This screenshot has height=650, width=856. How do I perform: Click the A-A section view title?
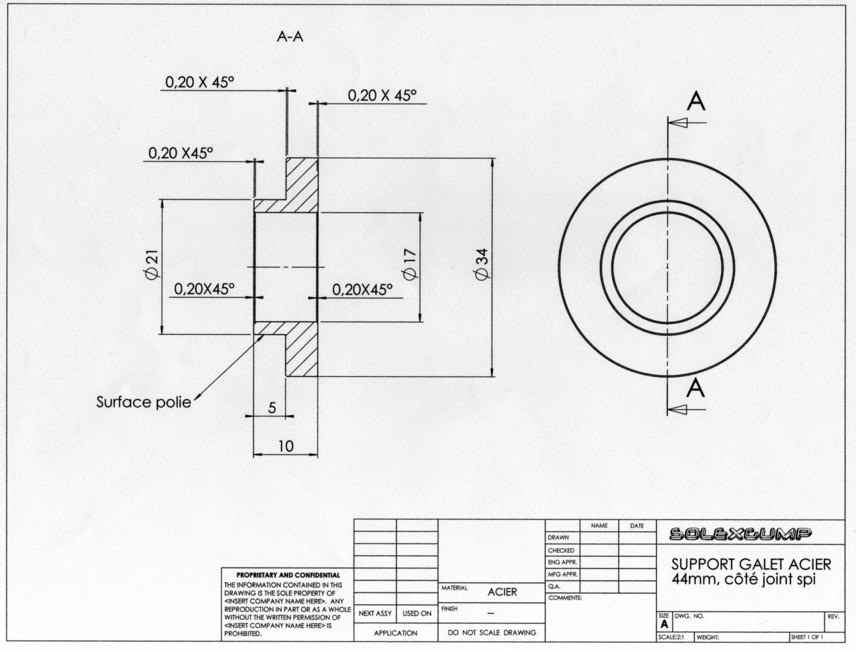(290, 37)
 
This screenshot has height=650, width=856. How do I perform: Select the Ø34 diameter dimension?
(482, 264)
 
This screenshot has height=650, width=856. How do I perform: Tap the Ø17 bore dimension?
(410, 264)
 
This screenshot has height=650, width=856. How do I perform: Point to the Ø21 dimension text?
(152, 264)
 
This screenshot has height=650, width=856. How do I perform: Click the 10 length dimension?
(286, 446)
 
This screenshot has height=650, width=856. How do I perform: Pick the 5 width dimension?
(272, 408)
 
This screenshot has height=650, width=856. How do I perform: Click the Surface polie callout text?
(144, 402)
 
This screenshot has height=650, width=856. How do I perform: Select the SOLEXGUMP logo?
(740, 534)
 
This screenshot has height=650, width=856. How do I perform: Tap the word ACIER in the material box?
(502, 592)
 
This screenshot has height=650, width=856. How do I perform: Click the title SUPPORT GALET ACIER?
(751, 564)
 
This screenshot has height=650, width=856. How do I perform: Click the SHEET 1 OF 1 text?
(807, 637)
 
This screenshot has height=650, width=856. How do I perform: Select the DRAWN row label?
(558, 538)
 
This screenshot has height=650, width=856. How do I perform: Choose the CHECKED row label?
(561, 550)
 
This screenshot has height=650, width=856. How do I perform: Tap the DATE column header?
(637, 526)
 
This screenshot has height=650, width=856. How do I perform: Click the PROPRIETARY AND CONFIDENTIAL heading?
(288, 575)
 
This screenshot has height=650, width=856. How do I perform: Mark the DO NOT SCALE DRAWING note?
(492, 633)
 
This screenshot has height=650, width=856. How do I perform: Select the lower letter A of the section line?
(695, 388)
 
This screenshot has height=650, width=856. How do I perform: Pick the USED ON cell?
(417, 613)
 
